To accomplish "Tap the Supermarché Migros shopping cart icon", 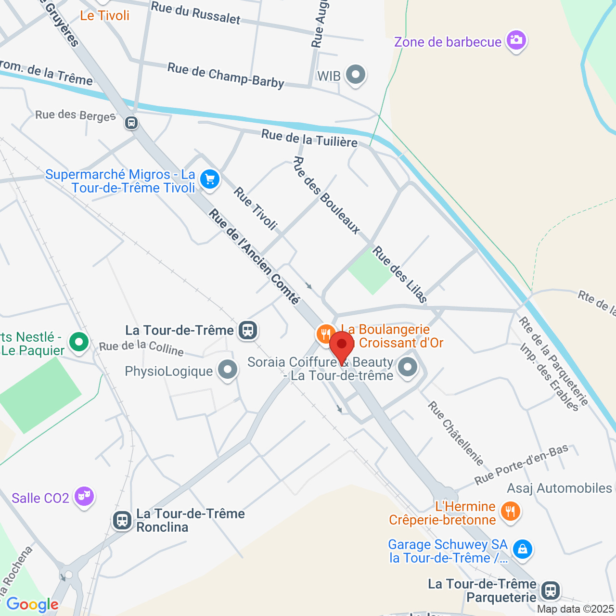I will click(x=210, y=180).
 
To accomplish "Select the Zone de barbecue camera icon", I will click(x=516, y=40).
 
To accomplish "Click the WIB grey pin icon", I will click(x=356, y=75).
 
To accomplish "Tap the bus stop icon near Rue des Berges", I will click(x=131, y=123).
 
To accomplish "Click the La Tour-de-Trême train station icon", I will click(x=247, y=330).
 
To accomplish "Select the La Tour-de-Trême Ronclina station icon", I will click(x=122, y=520).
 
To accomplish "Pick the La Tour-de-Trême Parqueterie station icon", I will click(x=550, y=590).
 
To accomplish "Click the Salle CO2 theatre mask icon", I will click(x=84, y=496).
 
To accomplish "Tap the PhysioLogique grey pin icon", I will click(x=227, y=370).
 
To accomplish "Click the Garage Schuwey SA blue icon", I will click(x=522, y=549).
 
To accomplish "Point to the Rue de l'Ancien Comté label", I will click(x=254, y=257).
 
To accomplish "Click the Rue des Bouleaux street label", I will click(x=326, y=195).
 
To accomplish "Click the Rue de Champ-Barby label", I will click(x=226, y=76).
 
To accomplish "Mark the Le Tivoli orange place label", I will click(x=104, y=15).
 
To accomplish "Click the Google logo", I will click(x=32, y=605).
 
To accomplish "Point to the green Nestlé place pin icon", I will click(x=79, y=342).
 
